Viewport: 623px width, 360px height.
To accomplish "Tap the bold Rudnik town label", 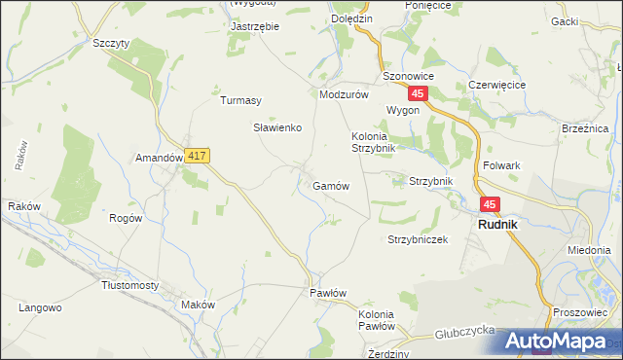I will click(x=497, y=225).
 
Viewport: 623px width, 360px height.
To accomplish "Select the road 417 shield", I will click(x=197, y=156).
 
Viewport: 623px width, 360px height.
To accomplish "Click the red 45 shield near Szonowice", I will click(x=418, y=93).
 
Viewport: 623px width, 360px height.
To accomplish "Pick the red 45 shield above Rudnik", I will click(x=490, y=204).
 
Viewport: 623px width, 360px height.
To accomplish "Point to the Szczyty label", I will click(x=111, y=44).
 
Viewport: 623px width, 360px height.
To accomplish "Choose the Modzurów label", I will click(x=343, y=95).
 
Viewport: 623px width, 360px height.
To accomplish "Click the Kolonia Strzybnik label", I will click(x=373, y=142).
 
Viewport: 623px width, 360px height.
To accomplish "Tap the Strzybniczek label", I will click(x=417, y=239).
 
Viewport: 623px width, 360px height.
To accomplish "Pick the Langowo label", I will click(x=40, y=307).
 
